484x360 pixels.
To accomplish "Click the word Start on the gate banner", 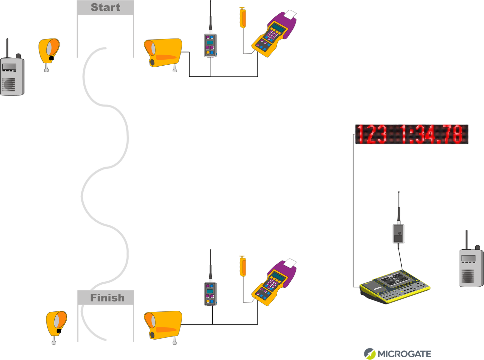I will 105,7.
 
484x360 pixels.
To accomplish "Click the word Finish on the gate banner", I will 107,297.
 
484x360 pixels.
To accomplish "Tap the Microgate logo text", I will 404,354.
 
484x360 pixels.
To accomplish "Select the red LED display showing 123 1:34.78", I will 411,134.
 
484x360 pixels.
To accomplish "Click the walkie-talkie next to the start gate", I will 12,76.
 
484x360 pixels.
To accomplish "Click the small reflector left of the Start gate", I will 49,52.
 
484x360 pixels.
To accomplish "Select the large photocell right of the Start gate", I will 163,53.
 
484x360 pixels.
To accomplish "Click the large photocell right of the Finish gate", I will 163,325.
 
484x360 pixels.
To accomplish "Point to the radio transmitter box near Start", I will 210,45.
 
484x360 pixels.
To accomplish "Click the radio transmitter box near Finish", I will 210,294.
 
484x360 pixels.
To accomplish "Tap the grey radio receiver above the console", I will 398,233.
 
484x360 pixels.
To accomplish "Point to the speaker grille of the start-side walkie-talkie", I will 9,84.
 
